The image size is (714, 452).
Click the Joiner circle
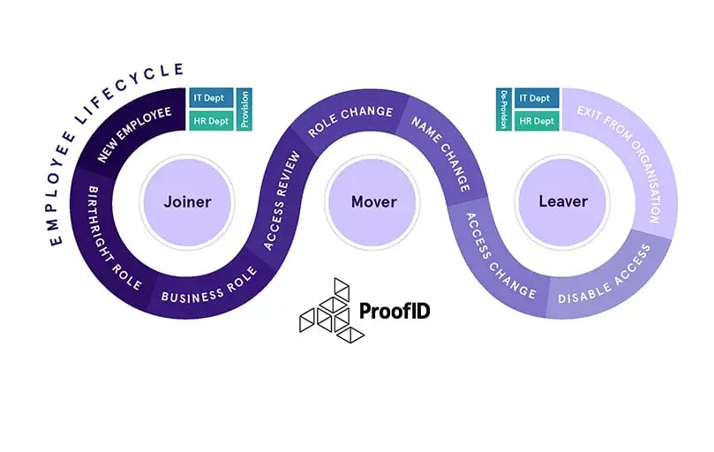coord(187,201)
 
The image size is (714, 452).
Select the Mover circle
coord(373,201)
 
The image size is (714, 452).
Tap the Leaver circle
coord(563,201)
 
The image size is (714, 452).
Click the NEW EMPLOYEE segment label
coord(135,135)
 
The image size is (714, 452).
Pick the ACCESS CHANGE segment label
coord(500,257)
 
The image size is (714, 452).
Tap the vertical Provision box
coord(244,109)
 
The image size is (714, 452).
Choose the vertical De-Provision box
coord(504,109)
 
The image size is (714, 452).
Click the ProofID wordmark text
coord(395,312)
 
